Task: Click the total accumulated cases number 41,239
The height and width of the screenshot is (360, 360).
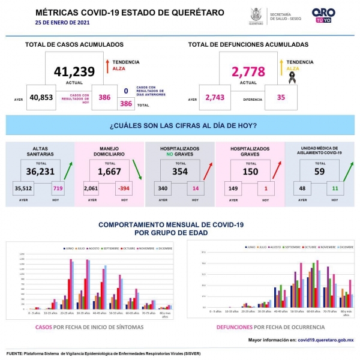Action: click(x=74, y=71)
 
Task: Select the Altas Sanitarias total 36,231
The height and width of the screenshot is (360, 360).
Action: click(x=41, y=171)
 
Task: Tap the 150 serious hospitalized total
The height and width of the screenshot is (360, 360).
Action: click(x=251, y=171)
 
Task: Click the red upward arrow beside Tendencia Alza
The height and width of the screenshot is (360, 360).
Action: click(x=106, y=66)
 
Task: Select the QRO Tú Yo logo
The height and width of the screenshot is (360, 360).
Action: click(x=323, y=15)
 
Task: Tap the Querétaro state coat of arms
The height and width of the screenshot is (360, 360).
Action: click(x=256, y=14)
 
